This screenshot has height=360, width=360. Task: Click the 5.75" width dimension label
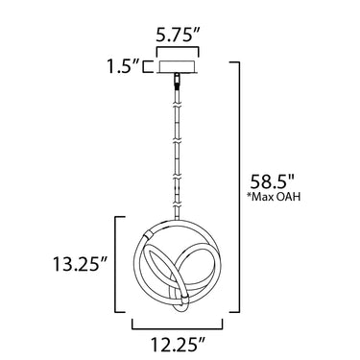pyautogui.click(x=178, y=36)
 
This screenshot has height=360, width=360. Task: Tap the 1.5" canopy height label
pyautogui.click(x=124, y=66)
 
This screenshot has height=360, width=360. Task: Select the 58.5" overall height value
pyautogui.click(x=272, y=182)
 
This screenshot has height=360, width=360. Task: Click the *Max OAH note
pyautogui.click(x=274, y=197)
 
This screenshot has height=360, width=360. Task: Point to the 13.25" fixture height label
pyautogui.click(x=80, y=264)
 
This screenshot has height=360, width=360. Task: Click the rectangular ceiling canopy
pyautogui.click(x=178, y=66)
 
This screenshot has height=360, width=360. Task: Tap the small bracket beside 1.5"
pyautogui.click(x=147, y=66)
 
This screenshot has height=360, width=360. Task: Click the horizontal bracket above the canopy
pyautogui.click(x=178, y=48)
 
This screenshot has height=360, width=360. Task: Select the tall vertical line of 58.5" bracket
pyautogui.click(x=239, y=187)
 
